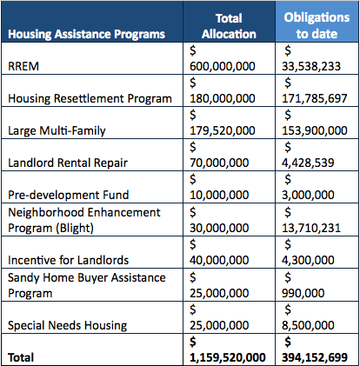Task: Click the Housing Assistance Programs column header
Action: coord(86,34)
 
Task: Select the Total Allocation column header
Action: coord(229,26)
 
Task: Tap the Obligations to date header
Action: coord(317,25)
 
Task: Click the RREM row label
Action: coord(23,66)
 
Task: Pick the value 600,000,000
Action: coord(223,66)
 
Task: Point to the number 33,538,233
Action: coord(311,66)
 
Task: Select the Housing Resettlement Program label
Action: coord(90,98)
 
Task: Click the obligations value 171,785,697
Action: coord(315,98)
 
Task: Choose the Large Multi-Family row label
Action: coord(57,130)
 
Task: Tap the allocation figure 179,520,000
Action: coord(223,130)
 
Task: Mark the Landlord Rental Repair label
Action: coord(68,163)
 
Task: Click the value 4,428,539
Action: coord(308,163)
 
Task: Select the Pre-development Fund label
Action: coord(69,195)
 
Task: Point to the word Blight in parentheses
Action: coord(75,229)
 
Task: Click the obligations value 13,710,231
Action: coord(311,228)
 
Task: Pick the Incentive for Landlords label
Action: coord(69,260)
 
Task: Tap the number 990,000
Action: coord(303,293)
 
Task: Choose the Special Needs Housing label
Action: coord(68,325)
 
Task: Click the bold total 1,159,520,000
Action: coord(228,357)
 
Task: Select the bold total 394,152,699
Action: coord(315,357)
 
